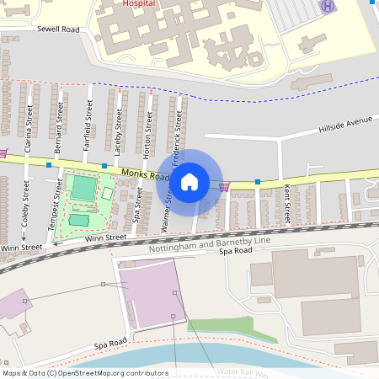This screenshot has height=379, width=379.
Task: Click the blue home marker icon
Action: (189, 181)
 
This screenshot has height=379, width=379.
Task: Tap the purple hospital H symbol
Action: (326, 7)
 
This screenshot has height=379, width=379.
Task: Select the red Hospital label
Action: (139, 3)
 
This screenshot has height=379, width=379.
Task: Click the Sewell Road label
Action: (58, 29)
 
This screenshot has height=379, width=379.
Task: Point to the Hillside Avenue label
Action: (344, 125)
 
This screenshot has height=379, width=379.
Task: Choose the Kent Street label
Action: (287, 204)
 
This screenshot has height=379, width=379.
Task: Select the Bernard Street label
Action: (58, 123)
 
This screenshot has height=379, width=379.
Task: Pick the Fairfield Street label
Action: (88, 123)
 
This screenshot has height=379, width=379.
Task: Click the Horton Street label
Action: (149, 135)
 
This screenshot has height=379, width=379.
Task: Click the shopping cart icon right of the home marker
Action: (224, 186)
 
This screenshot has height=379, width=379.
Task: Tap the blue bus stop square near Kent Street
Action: (257, 182)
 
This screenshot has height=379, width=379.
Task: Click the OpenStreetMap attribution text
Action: (85, 372)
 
